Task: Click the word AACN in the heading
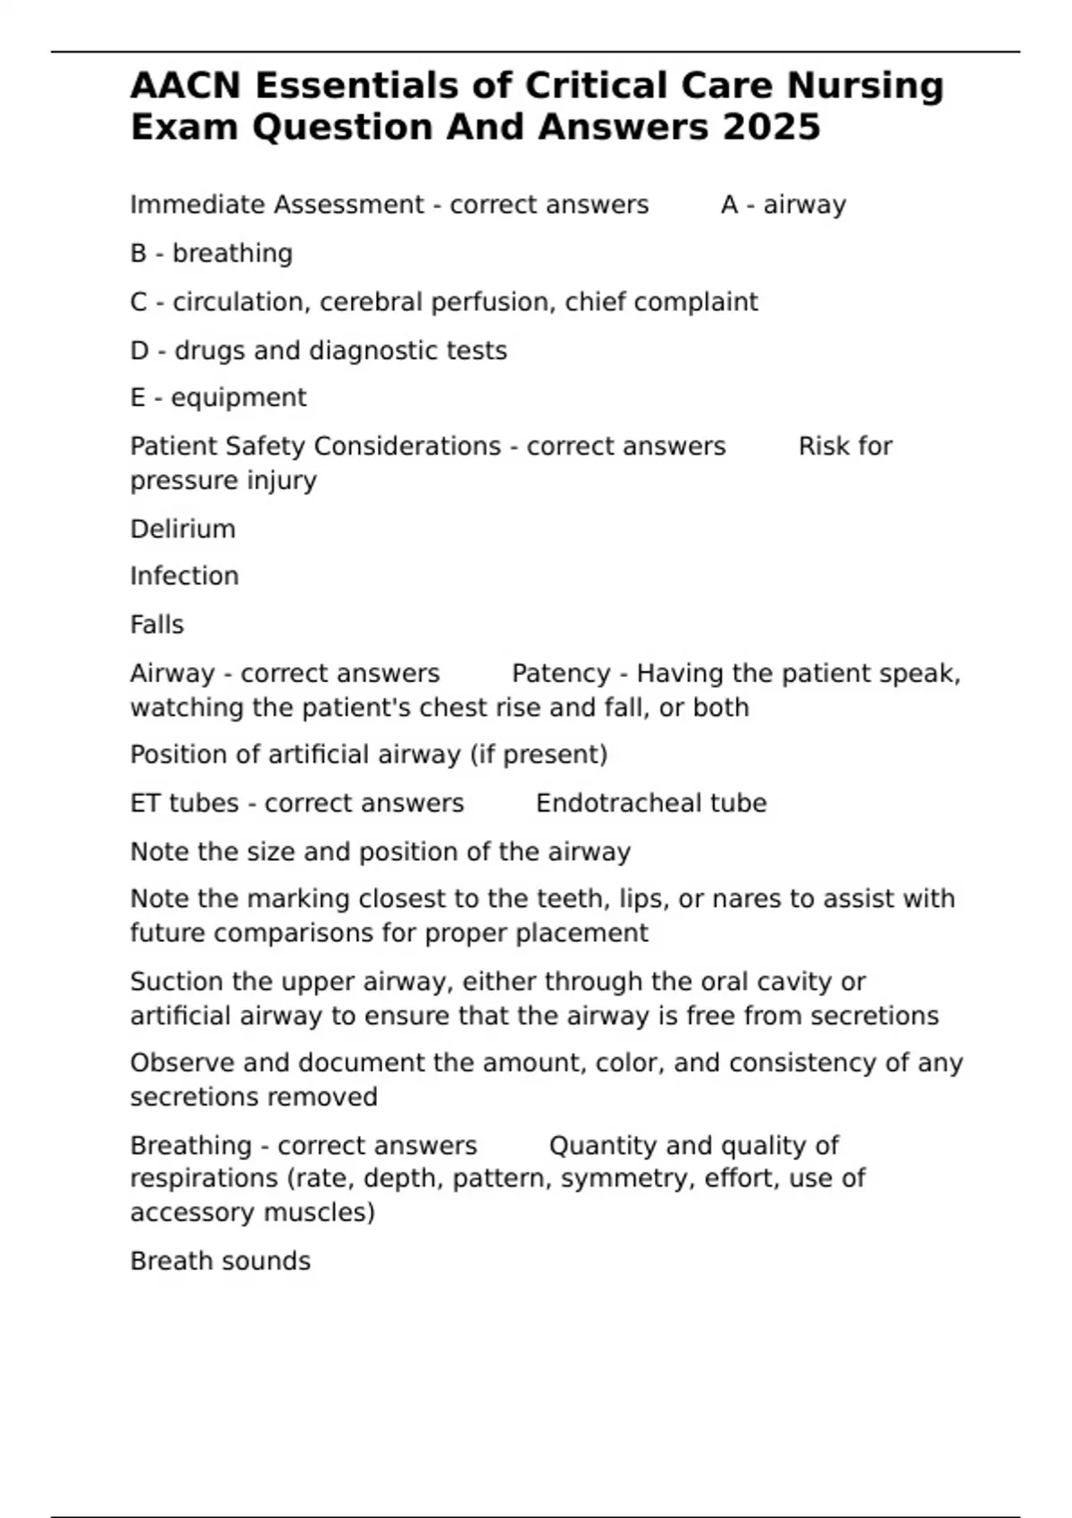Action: (186, 86)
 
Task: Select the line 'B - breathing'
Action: (212, 254)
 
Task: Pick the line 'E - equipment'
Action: (218, 397)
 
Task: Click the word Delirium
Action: (183, 529)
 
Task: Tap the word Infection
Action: (184, 576)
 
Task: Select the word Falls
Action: (157, 624)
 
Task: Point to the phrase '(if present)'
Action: (539, 755)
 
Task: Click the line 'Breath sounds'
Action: (221, 1261)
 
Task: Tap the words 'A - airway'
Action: (783, 204)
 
